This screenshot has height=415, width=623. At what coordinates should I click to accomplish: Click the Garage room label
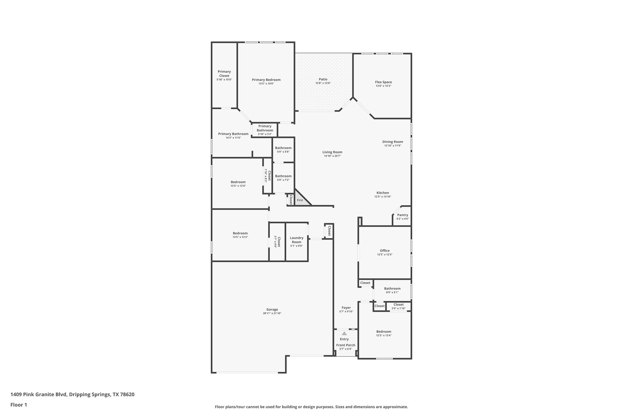(272, 310)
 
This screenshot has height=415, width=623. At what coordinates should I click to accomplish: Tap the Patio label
(323, 79)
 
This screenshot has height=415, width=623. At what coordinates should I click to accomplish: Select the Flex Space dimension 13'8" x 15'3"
(383, 86)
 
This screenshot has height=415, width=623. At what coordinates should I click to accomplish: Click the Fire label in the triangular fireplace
(300, 200)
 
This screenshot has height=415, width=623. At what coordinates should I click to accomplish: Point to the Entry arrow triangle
(344, 334)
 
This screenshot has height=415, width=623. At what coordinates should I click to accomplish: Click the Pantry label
(402, 215)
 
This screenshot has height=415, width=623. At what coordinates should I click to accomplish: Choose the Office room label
(385, 251)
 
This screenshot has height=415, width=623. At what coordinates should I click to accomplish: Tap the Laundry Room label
(296, 240)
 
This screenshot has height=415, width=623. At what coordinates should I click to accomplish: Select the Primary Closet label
(224, 74)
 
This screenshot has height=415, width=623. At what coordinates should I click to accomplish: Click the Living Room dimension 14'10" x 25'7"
(332, 156)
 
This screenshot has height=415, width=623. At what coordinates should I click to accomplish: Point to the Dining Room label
(392, 142)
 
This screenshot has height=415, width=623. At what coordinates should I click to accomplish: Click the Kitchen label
(383, 193)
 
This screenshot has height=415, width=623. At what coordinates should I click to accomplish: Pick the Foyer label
(346, 308)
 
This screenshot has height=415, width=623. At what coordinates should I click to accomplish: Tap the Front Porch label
(346, 345)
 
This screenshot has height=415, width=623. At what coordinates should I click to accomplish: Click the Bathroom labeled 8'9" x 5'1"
(392, 289)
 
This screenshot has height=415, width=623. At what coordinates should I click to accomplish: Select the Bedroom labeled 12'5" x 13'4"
(384, 332)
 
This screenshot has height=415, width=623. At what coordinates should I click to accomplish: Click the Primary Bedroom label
(266, 80)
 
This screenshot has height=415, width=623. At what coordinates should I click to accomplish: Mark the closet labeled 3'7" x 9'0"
(277, 242)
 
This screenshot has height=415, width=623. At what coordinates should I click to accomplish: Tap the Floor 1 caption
(19, 405)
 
